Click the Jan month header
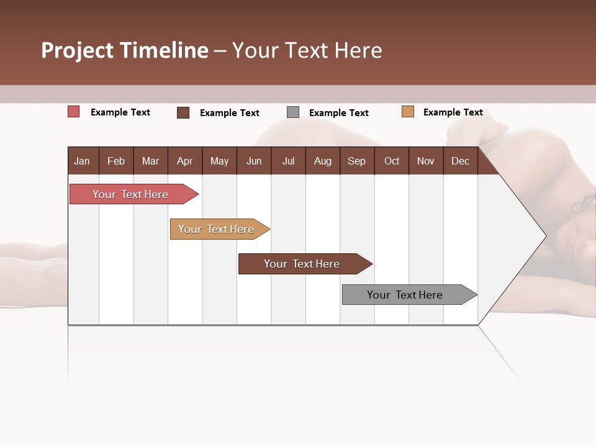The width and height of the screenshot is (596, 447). tap(82, 161)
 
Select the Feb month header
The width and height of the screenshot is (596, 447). tap(116, 161)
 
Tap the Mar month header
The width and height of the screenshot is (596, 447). tap(150, 161)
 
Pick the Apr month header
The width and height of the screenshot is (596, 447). tap(184, 161)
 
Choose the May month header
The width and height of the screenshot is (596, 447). tap(219, 161)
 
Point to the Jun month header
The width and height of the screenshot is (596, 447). tap(254, 161)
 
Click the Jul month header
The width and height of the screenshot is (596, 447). tap(288, 161)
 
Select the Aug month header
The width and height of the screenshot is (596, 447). tap(322, 161)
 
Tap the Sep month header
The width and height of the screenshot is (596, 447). tap(356, 161)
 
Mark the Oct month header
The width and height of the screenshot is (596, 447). tap(392, 161)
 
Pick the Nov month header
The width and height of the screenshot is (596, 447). tap(426, 161)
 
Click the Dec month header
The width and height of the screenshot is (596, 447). tap(460, 161)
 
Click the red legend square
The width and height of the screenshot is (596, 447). tap(74, 112)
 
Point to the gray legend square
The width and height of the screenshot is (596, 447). tap(293, 112)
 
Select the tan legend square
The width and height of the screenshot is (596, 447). tap(408, 112)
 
